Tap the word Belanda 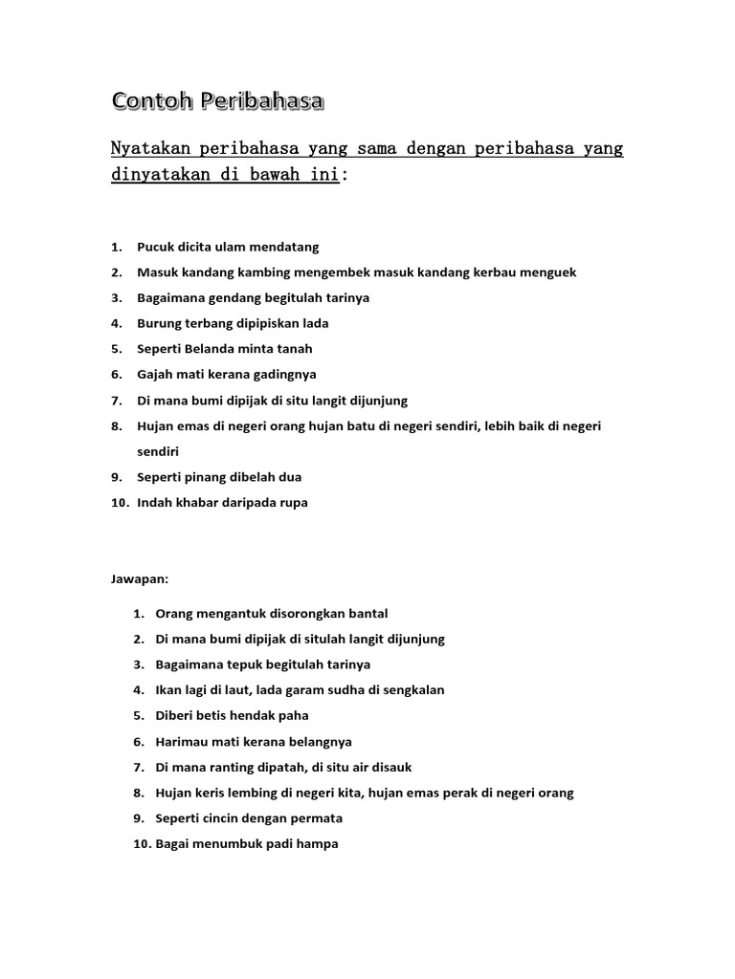pyautogui.click(x=215, y=349)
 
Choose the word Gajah pyautogui.click(x=156, y=375)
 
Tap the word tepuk pyautogui.click(x=254, y=664)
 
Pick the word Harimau pyautogui.click(x=182, y=741)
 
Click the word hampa pyautogui.click(x=319, y=844)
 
